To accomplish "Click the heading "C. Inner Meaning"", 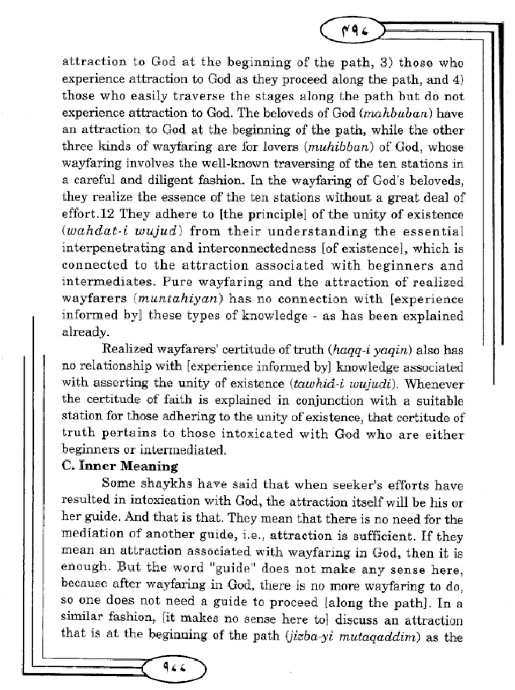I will tap(120, 466).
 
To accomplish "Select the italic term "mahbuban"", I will tap(407, 114).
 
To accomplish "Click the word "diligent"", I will tap(203, 181).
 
